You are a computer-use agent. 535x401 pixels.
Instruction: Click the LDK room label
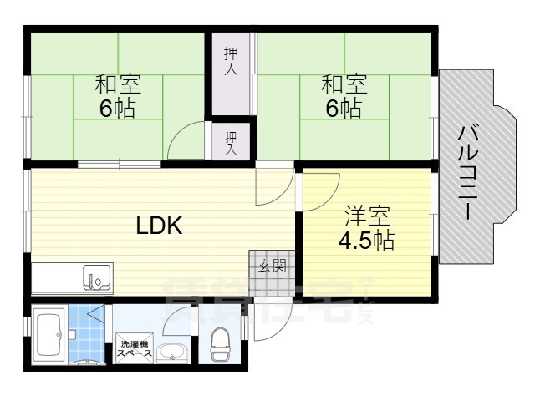click(x=160, y=226)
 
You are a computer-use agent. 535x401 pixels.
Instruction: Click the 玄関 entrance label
click(x=270, y=267)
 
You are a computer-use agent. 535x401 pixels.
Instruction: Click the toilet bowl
click(x=221, y=343)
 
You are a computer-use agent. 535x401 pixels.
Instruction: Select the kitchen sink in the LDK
click(x=98, y=276)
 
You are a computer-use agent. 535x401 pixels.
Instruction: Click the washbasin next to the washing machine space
click(x=172, y=352)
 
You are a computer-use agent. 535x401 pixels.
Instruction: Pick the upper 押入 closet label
click(x=231, y=61)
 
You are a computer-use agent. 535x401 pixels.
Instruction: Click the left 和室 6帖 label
click(x=117, y=97)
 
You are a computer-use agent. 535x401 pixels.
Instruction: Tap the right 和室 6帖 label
click(x=344, y=97)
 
